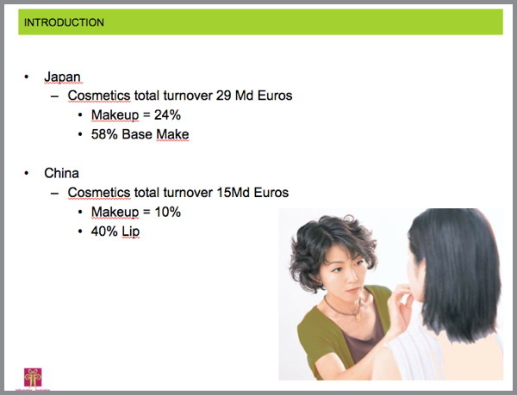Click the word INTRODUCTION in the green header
[64, 22]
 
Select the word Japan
[62, 77]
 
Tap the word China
[62, 173]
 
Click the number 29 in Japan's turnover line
[223, 96]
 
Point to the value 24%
[167, 114]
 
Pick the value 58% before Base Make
[104, 134]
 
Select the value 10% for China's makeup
[167, 212]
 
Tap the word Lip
[131, 232]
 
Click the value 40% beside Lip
[104, 231]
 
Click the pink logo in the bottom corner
[33, 378]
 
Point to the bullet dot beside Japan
[27, 77]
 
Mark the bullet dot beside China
[27, 174]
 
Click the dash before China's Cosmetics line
[55, 194]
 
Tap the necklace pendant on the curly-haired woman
[358, 317]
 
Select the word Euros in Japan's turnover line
[275, 96]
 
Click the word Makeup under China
[115, 213]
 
